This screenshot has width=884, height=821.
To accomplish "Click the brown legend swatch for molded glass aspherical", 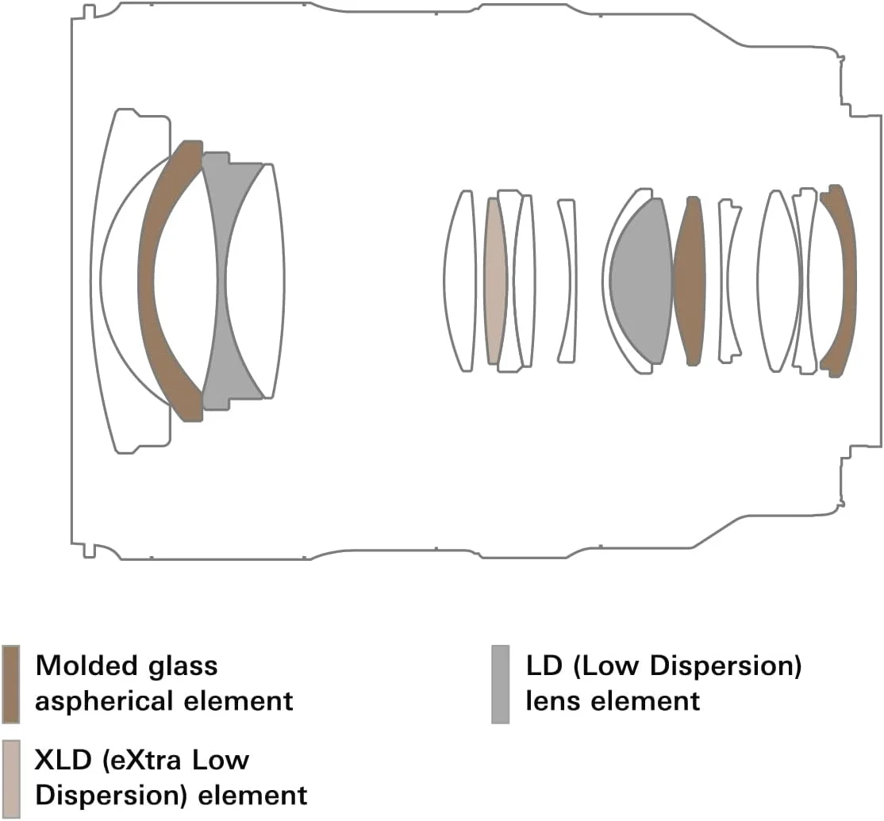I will pos(11,684).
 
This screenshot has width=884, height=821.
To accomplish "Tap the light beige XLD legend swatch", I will pos(11,779).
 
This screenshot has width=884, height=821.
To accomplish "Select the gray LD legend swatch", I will pos(500,684).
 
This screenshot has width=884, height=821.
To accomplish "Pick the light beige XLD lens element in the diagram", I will pos(494,282).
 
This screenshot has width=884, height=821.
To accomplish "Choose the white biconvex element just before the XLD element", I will pos(459,282).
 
